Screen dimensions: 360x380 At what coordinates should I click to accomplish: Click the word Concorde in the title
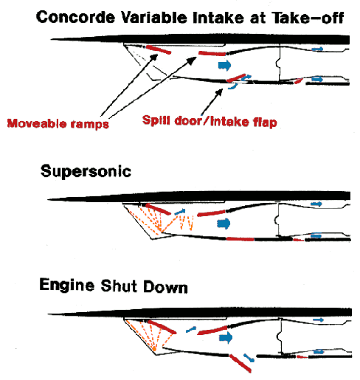[x=75, y=17]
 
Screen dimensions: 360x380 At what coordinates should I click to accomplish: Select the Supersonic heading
[x=86, y=171]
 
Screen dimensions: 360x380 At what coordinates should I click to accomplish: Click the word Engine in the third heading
[x=67, y=286]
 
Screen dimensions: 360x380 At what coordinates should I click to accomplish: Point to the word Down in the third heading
[x=165, y=286]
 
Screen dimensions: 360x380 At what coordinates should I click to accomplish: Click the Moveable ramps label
[x=58, y=123]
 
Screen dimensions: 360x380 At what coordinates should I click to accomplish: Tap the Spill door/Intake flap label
[x=210, y=121]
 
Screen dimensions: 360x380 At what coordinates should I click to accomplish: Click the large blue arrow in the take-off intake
[x=225, y=66]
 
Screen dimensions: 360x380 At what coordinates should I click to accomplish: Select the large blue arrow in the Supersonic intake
[x=224, y=224]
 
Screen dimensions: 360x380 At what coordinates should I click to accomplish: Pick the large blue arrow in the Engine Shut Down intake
[x=226, y=337]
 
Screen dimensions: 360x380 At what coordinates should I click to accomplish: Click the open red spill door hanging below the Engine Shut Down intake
[x=240, y=363]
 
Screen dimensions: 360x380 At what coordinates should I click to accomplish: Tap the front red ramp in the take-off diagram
[x=159, y=49]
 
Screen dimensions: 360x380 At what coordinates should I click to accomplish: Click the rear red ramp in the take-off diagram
[x=212, y=53]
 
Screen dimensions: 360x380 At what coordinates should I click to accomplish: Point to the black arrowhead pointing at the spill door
[x=219, y=92]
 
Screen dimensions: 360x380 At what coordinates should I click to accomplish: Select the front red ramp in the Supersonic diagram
[x=158, y=209]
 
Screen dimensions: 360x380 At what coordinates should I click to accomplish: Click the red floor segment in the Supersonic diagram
[x=240, y=239]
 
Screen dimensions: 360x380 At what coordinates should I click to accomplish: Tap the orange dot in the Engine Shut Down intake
[x=154, y=349]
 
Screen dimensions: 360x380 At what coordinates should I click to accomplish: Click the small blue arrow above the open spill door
[x=249, y=358]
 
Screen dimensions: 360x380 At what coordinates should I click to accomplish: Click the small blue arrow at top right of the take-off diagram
[x=317, y=49]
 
